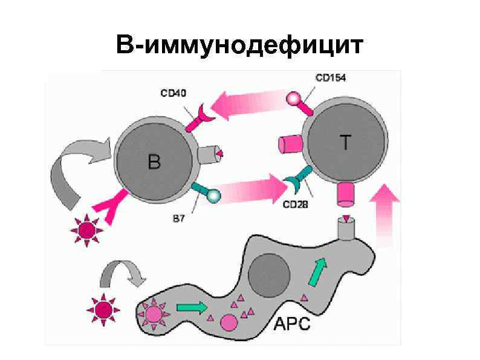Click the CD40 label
click(174, 93)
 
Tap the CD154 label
click(331, 78)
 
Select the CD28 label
click(296, 205)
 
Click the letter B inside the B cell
click(155, 162)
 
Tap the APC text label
click(293, 324)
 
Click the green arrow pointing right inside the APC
click(191, 307)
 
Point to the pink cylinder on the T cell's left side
click(290, 145)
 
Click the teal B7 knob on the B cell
click(213, 195)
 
